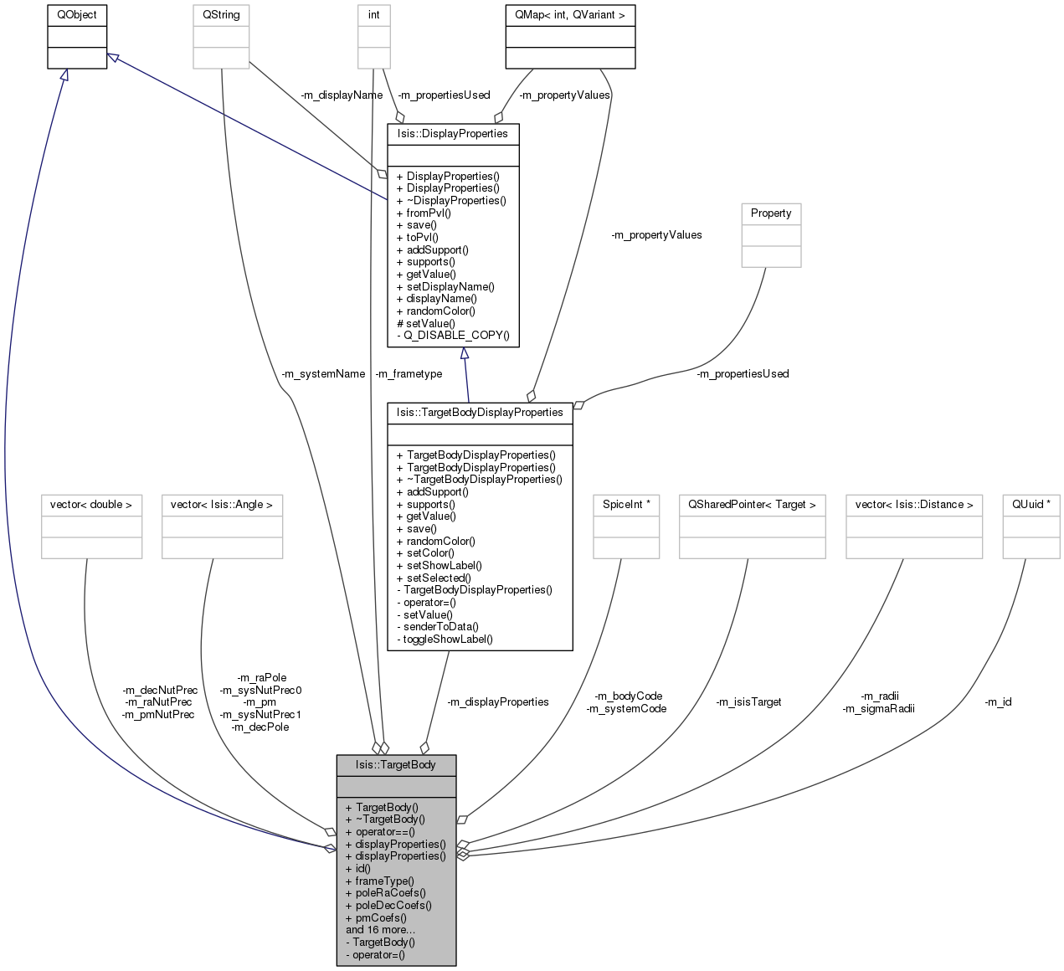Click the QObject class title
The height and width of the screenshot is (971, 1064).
click(77, 15)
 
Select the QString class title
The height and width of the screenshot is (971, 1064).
click(221, 15)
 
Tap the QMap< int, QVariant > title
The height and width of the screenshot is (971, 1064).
click(569, 15)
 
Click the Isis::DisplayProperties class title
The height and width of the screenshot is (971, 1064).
click(452, 134)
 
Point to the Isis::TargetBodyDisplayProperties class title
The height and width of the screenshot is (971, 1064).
click(480, 413)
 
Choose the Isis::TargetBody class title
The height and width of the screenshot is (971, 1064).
click(396, 764)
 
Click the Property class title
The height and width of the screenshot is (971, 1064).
click(771, 213)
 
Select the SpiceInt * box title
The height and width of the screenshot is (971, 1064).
click(626, 505)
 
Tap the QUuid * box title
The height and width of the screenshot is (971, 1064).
click(1031, 505)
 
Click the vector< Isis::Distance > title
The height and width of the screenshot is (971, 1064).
click(913, 505)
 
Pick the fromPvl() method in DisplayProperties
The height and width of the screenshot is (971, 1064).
click(424, 213)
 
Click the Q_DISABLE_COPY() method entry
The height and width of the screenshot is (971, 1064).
click(453, 336)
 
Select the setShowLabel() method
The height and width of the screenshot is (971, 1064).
click(439, 566)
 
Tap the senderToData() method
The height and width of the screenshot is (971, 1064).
click(438, 627)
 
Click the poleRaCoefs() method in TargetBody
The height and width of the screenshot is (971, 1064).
click(386, 893)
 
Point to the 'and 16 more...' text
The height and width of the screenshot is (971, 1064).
click(380, 930)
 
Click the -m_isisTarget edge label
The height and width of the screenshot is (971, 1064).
click(748, 702)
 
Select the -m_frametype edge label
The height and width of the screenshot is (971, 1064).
click(409, 374)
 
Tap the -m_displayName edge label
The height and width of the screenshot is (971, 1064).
click(342, 95)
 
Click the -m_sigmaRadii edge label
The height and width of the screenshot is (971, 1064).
click(878, 708)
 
